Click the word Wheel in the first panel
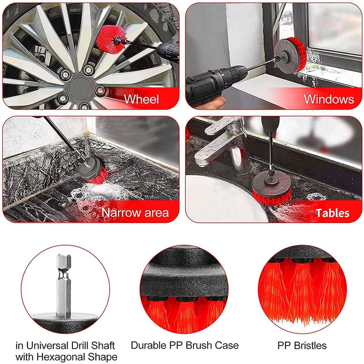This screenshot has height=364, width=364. pyautogui.click(x=141, y=99)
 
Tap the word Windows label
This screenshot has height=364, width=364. pyautogui.click(x=329, y=99)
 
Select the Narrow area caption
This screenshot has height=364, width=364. pyautogui.click(x=135, y=213)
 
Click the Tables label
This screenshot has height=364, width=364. pyautogui.click(x=333, y=213)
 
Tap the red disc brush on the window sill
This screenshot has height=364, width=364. pyautogui.click(x=290, y=55)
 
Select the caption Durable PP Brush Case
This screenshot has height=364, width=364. pyautogui.click(x=185, y=345)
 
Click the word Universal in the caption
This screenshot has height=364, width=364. pyautogui.click(x=46, y=345)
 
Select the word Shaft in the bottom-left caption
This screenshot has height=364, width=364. pyautogui.click(x=103, y=345)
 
